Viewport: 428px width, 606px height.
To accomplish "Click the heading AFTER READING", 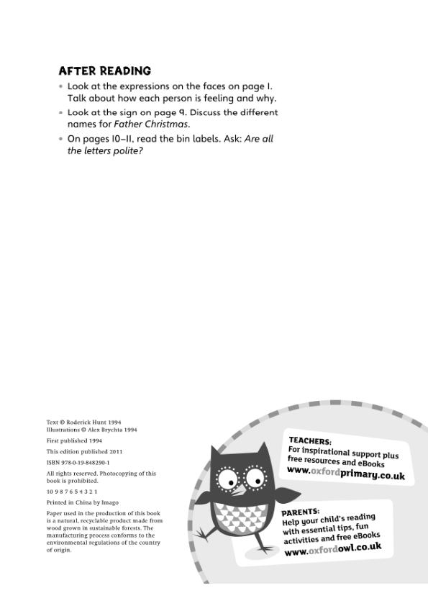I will [x=104, y=71].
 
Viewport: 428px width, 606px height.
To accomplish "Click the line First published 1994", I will [x=74, y=440].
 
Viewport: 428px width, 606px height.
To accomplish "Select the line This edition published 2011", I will [x=81, y=451].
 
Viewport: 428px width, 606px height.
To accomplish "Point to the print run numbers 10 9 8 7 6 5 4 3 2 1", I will [x=72, y=491].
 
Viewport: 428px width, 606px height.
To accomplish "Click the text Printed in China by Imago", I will [x=83, y=502].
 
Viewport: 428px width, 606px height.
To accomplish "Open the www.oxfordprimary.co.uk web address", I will [x=345, y=474].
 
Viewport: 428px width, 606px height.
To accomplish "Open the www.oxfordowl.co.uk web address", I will [x=333, y=549].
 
